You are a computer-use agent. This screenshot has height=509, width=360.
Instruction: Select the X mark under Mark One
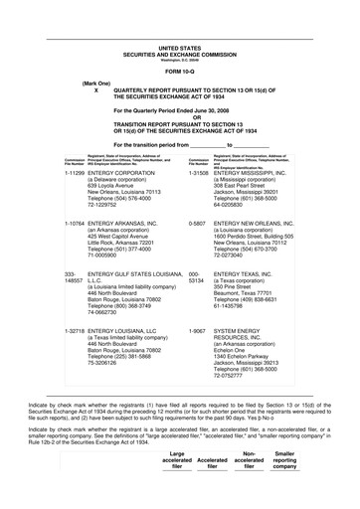96,90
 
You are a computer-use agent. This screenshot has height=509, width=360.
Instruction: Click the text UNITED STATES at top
179,47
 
